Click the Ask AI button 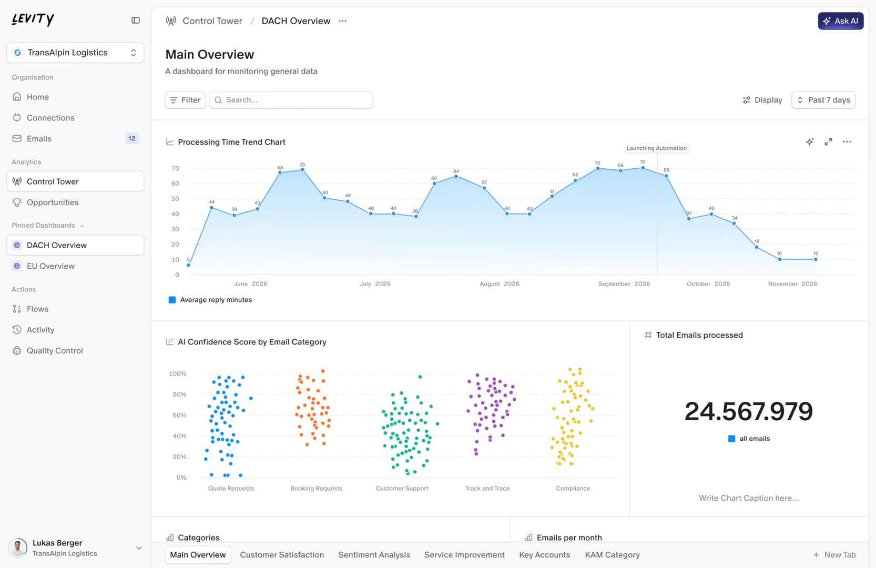tap(840, 21)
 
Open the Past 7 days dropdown tap(823, 100)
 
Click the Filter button tap(185, 100)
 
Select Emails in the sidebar tap(39, 139)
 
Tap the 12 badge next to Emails tap(131, 139)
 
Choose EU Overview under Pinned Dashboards tap(50, 266)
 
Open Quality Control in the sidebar tap(55, 351)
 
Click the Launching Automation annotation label tap(656, 148)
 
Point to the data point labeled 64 tap(456, 177)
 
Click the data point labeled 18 tap(757, 247)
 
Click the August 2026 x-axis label tap(499, 284)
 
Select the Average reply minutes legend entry tap(210, 300)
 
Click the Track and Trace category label tap(487, 489)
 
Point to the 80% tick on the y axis tap(179, 394)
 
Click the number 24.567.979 tap(748, 411)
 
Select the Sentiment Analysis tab tap(374, 555)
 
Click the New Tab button tap(834, 555)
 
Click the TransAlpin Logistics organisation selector tap(75, 53)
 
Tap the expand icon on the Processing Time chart tap(828, 142)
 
